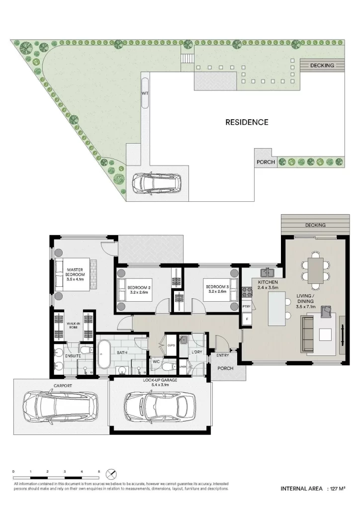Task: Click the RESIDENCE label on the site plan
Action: pyautogui.click(x=247, y=122)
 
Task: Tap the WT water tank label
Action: pyautogui.click(x=145, y=93)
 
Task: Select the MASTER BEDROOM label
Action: pyautogui.click(x=76, y=274)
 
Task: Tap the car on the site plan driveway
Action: pyautogui.click(x=156, y=183)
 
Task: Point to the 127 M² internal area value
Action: pyautogui.click(x=337, y=489)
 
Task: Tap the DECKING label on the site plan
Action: pyautogui.click(x=322, y=66)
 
